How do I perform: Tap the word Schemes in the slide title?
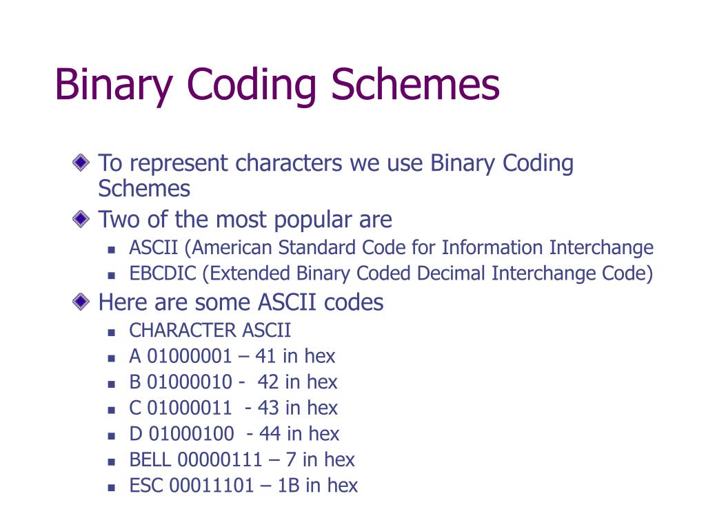tap(415, 85)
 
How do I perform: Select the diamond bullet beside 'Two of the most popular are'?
tap(81, 220)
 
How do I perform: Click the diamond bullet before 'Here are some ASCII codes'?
tap(81, 302)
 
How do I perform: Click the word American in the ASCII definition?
tap(242, 247)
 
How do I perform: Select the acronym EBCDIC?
tap(163, 273)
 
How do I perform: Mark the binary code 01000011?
tap(190, 408)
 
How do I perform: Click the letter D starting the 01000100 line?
tap(135, 433)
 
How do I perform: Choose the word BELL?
tap(150, 459)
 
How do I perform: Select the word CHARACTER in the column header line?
tap(173, 330)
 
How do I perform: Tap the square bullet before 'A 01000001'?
tap(112, 357)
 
